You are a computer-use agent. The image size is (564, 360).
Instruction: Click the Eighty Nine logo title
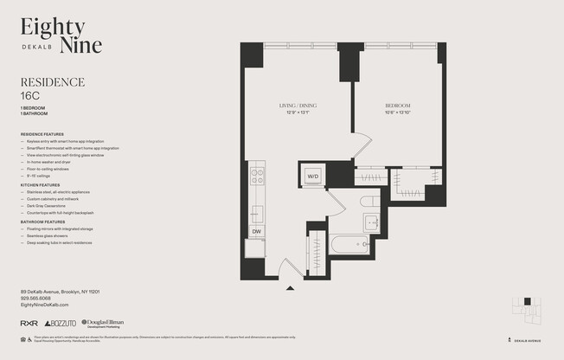coord(61,36)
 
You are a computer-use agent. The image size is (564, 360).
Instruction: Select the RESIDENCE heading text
coord(52,83)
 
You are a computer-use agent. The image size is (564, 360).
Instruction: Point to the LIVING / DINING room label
coord(297,106)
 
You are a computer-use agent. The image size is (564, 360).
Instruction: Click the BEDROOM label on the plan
coord(398,106)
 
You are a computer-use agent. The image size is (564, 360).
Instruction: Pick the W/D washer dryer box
coord(313,177)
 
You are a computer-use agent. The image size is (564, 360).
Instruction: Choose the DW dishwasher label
coord(257,231)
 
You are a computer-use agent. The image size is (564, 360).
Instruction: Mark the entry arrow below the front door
coord(291,288)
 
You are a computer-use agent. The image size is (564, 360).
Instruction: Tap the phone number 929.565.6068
coord(37,298)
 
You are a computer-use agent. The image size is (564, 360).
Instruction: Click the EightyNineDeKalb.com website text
coord(44,305)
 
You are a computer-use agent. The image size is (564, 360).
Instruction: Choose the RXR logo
coord(28,323)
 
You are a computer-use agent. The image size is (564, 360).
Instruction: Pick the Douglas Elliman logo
coord(101,323)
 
